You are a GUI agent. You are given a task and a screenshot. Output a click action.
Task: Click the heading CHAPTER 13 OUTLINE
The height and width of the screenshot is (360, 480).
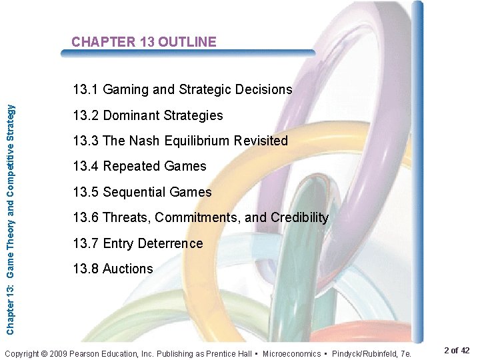point(144,42)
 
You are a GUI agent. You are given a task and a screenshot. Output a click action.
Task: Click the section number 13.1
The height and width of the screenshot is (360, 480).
point(85,89)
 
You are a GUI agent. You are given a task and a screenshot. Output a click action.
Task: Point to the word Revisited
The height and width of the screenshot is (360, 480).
point(259,141)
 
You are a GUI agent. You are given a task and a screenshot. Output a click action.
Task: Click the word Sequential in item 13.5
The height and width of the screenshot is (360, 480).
point(134,192)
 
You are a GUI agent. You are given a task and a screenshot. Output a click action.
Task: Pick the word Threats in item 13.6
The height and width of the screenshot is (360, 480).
point(126,217)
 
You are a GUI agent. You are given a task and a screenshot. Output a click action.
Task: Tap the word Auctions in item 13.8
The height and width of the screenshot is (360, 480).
point(128,269)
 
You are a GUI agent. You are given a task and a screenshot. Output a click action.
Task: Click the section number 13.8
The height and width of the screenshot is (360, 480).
point(85,269)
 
